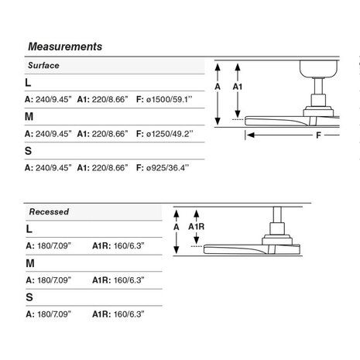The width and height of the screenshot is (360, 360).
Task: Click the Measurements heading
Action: [65, 46]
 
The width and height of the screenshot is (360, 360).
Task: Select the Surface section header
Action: [43, 65]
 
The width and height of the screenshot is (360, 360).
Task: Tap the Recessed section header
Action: [49, 211]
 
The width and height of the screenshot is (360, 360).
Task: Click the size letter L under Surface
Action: [28, 83]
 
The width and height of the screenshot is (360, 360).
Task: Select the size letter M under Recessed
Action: [30, 263]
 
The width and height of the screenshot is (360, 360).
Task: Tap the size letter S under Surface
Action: [28, 151]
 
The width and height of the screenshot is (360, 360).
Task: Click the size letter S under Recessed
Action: [29, 297]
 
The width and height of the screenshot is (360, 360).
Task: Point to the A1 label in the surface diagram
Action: [238, 87]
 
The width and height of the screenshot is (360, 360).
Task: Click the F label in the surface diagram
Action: [318, 135]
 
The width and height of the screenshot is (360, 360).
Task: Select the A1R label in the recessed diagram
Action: [196, 227]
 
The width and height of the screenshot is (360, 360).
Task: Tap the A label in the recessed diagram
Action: [177, 227]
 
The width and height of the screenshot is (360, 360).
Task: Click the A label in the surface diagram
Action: [218, 87]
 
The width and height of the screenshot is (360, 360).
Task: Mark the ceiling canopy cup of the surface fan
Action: [318, 69]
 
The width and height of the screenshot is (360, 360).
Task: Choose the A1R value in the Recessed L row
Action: [118, 245]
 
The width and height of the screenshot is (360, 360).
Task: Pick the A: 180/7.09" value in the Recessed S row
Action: [49, 314]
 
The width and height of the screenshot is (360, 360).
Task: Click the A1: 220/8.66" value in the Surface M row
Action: [102, 134]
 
